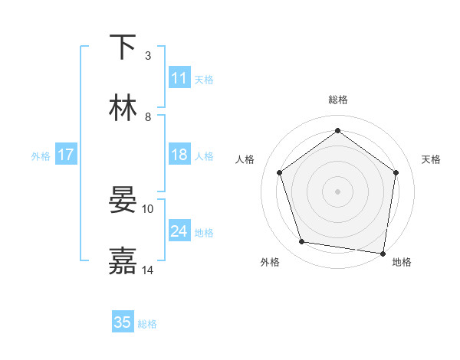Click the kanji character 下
click(123, 47)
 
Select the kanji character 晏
click(123, 201)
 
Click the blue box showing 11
click(179, 78)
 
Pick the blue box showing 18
click(179, 155)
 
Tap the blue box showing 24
click(179, 231)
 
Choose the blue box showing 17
click(66, 155)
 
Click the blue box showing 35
click(123, 322)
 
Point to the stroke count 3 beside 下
click(148, 55)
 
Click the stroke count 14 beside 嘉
click(148, 270)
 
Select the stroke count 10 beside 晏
click(148, 208)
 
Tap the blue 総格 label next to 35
click(147, 324)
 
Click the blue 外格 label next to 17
click(41, 156)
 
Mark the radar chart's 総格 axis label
click(338, 100)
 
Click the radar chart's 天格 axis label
click(431, 159)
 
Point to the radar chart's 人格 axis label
click(245, 159)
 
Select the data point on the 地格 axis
click(383, 253)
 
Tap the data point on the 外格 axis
click(302, 242)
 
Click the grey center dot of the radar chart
click(338, 191)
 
